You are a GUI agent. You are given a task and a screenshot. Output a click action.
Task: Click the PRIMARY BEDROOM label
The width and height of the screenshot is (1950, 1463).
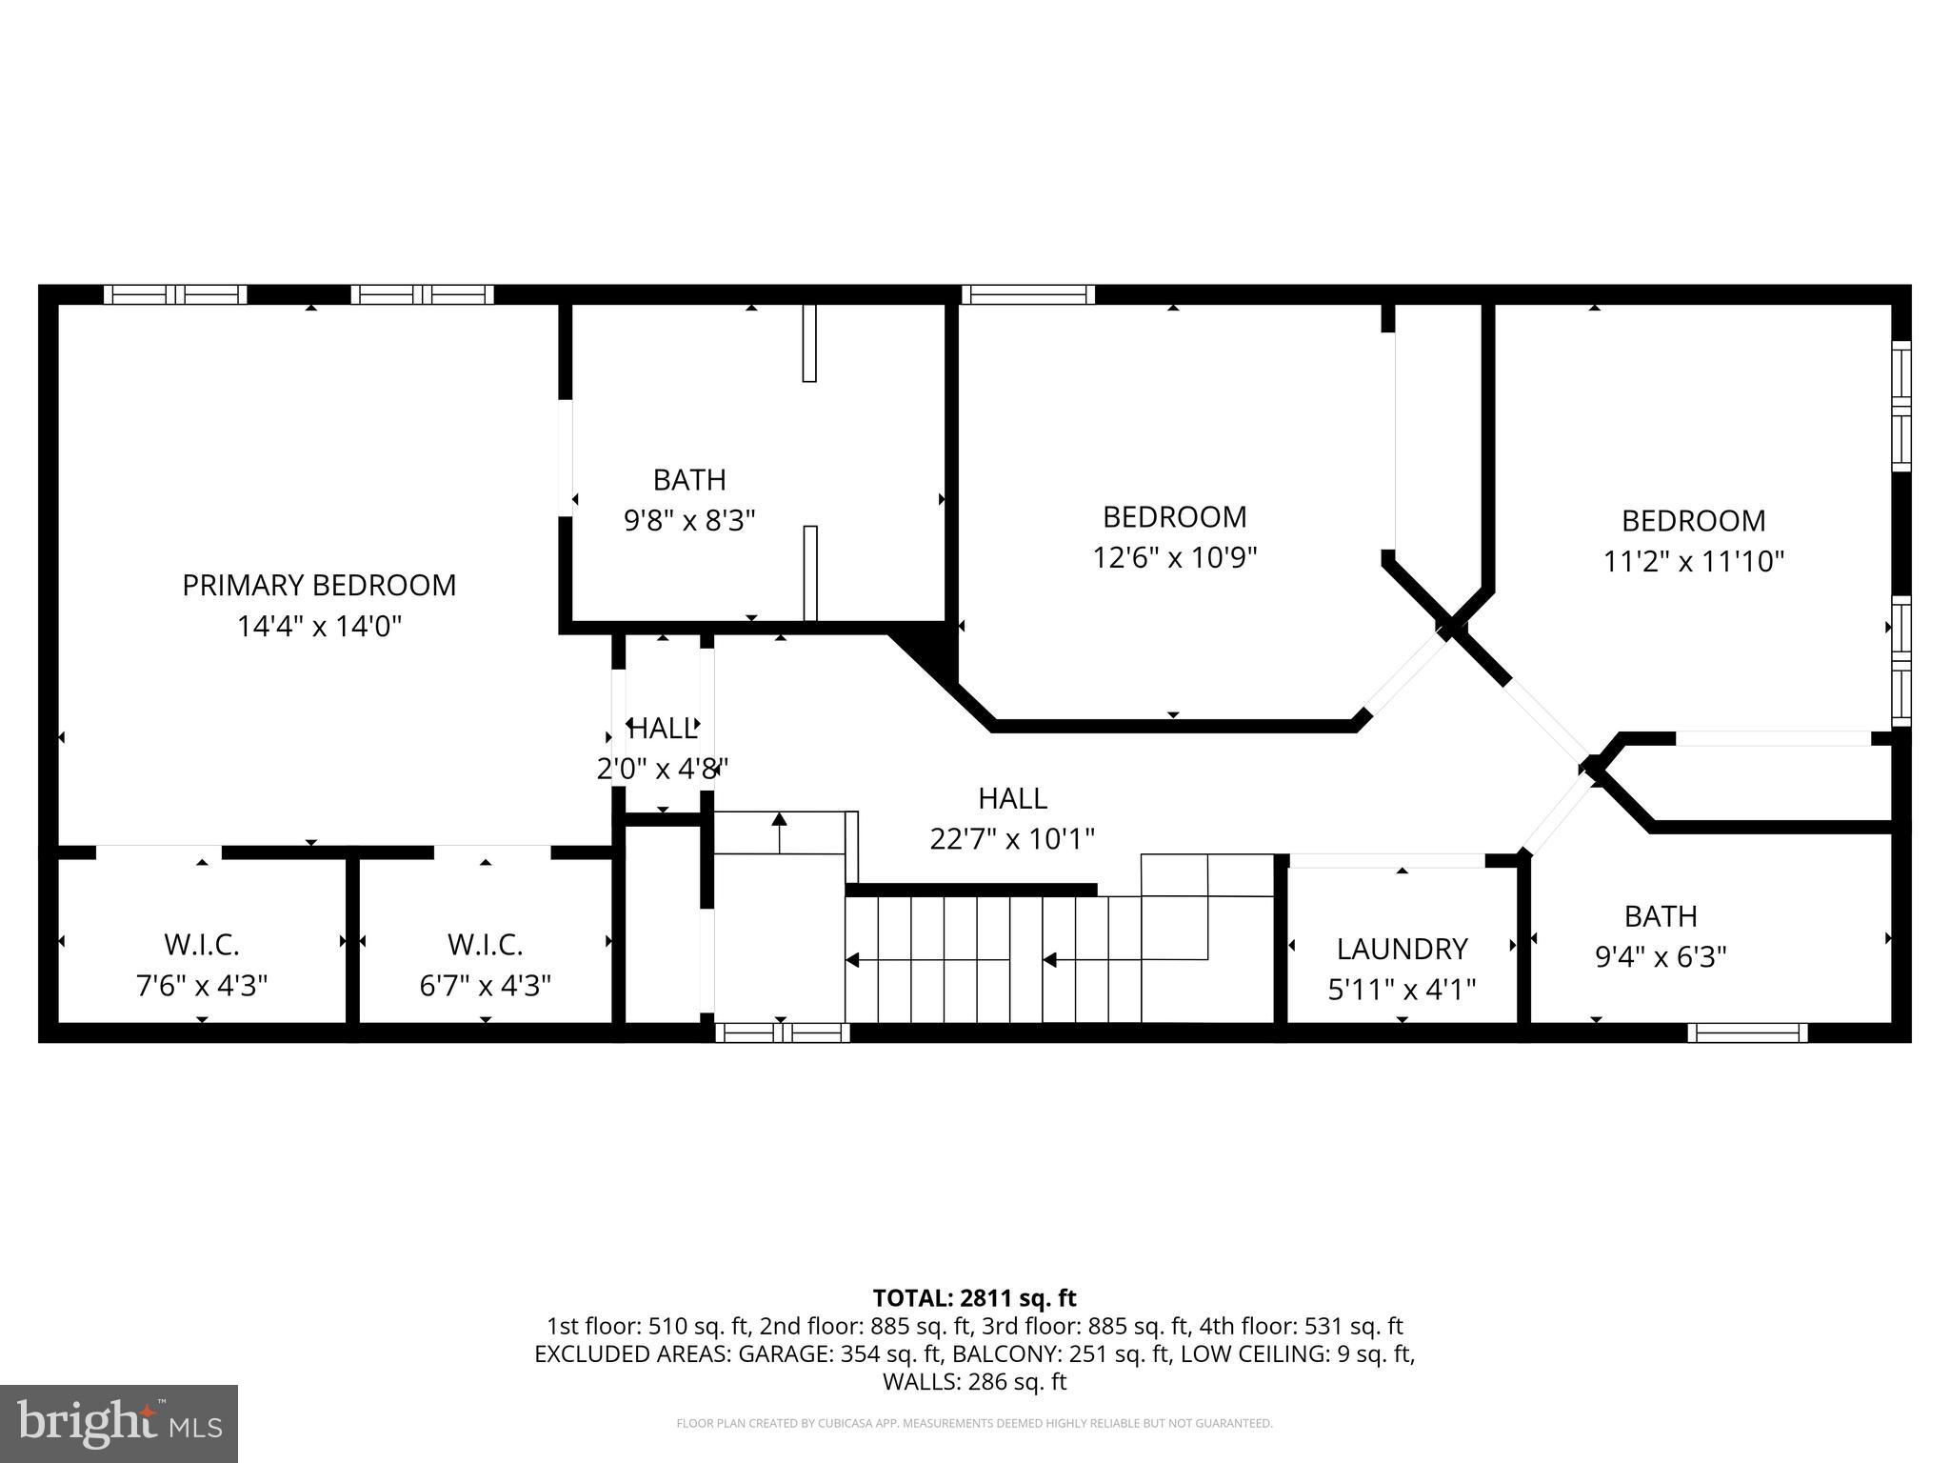(319, 585)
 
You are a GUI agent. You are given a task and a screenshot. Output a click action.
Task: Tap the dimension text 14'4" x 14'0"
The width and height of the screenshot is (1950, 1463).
(319, 627)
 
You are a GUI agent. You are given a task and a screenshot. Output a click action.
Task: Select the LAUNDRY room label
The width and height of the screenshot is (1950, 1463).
(1402, 949)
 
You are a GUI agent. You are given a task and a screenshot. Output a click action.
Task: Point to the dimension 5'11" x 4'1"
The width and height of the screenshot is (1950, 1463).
(1402, 990)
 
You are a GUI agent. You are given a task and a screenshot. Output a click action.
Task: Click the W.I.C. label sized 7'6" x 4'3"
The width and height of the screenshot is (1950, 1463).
(202, 945)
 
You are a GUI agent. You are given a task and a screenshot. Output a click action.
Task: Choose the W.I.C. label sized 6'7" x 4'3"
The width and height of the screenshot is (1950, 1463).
(486, 945)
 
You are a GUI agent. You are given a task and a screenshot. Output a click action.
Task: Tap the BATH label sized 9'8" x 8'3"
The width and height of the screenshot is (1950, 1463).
(689, 479)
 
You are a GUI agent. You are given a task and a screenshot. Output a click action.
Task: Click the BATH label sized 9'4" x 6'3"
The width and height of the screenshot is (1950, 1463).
(1661, 916)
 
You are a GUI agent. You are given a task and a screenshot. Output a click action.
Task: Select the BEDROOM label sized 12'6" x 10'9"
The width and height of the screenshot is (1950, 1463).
(1174, 517)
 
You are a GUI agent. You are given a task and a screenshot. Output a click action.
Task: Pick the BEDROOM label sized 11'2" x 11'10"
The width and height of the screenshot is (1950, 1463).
(1693, 521)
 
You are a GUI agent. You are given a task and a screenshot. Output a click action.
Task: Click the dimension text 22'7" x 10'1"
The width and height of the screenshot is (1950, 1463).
(1012, 839)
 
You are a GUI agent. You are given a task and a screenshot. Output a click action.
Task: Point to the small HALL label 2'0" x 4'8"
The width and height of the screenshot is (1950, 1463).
(663, 729)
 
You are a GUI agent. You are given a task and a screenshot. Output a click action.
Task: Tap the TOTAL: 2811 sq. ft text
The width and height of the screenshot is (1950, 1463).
(974, 1298)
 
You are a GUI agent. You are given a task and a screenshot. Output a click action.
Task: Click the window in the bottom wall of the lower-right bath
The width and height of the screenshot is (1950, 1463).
(1747, 1032)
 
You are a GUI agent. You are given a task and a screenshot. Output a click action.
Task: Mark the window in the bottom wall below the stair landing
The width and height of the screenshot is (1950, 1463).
(782, 1032)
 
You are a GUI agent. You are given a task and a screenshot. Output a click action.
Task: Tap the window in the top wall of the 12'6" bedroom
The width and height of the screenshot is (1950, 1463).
(1028, 294)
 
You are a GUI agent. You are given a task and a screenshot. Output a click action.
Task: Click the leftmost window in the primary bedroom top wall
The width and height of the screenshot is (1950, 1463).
(175, 294)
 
